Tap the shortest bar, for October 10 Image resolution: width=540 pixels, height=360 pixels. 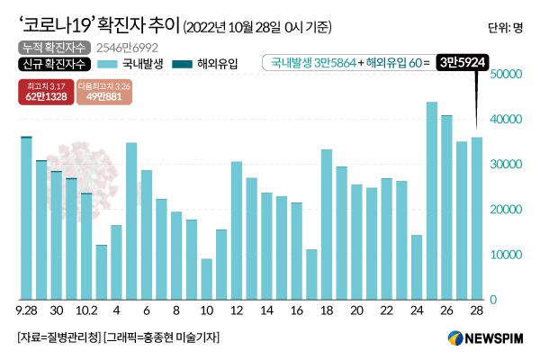(x=207, y=279)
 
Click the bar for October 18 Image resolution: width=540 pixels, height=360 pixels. (x=327, y=224)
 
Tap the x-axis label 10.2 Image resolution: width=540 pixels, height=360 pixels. (x=86, y=310)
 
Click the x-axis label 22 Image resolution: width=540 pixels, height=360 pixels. (x=387, y=310)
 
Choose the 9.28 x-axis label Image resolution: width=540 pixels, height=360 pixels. (x=27, y=310)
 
